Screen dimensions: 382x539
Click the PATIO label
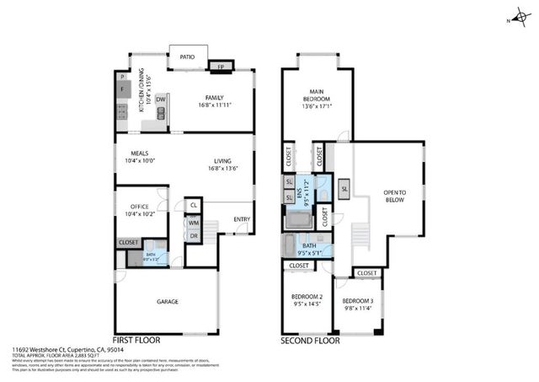pos(187,57)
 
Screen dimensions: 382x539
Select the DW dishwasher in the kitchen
pos(159,100)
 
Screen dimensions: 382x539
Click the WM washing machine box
pos(193,223)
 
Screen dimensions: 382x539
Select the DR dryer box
pos(193,236)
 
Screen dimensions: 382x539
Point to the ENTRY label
pos(242,220)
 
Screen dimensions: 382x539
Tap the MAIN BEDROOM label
pos(318,94)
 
